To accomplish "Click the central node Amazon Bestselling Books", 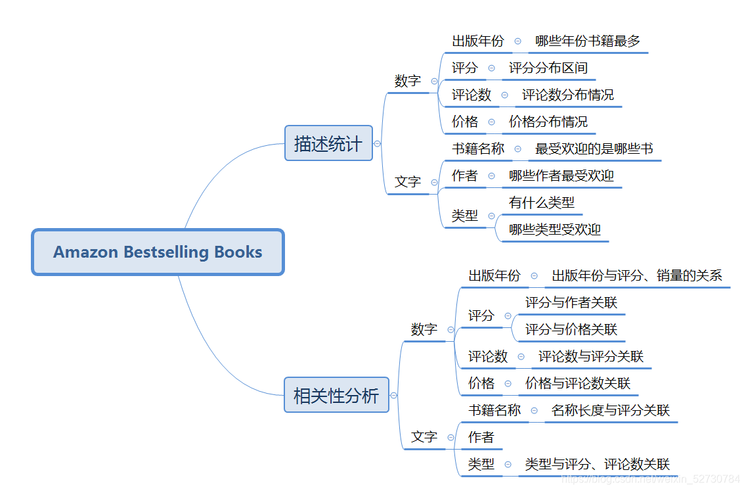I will tap(158, 252).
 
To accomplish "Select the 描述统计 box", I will tap(328, 143).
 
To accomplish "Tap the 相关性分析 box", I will tap(336, 396).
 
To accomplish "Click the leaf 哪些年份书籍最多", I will tap(588, 41).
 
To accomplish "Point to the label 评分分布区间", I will tap(548, 68).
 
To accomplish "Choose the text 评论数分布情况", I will tap(568, 95).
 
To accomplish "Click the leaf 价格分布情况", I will tap(548, 122).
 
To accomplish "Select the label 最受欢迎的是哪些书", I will tap(594, 149).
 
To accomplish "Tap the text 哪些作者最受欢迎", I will tap(561, 176).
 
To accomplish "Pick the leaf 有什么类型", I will tap(542, 203).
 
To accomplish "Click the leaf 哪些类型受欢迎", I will tap(555, 230).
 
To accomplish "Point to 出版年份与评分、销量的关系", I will tap(637, 276).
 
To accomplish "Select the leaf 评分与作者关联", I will tap(571, 303).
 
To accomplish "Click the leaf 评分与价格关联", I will tap(571, 330).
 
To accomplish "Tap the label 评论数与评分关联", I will tap(591, 357).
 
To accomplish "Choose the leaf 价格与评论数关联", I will tap(578, 384).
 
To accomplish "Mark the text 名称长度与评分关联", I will tap(611, 411).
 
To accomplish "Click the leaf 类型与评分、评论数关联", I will tap(598, 465).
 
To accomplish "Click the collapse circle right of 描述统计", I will tap(377, 143).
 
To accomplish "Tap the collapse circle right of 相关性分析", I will tap(393, 396).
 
